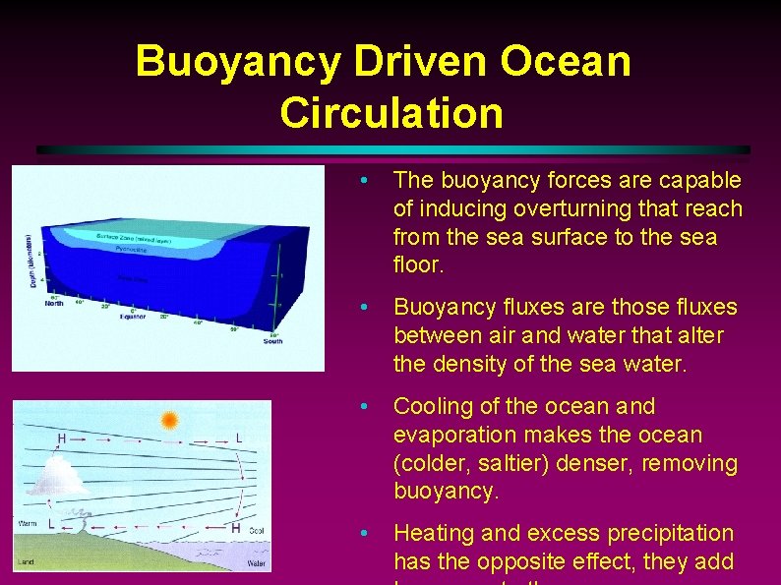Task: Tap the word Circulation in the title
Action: [x=390, y=112]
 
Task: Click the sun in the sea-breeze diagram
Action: [x=169, y=421]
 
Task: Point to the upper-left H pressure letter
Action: [x=62, y=439]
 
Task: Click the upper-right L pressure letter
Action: [x=239, y=438]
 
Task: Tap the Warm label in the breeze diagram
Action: [x=28, y=524]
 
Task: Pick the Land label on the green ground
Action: [x=26, y=563]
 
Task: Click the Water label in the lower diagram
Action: [x=256, y=563]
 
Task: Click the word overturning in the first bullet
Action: [x=555, y=208]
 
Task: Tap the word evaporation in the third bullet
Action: [x=449, y=435]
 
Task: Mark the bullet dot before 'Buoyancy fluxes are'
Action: [x=365, y=308]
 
